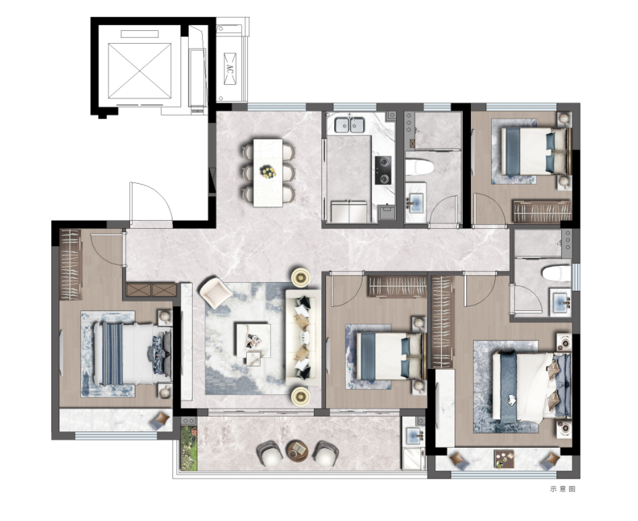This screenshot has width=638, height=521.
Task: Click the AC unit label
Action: point(230,69)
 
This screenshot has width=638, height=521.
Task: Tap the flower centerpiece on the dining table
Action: point(268,172)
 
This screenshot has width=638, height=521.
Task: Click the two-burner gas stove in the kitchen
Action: point(383,170)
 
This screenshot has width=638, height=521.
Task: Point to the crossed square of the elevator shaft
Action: point(139,71)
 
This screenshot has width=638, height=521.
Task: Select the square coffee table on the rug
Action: point(253,341)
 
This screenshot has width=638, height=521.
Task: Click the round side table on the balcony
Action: point(297,450)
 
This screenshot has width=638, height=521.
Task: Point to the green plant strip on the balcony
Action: point(189,448)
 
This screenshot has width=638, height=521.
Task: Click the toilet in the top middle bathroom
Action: point(420,167)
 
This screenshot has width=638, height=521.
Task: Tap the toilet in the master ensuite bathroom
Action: point(556,273)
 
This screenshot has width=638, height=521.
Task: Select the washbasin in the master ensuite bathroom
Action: point(561,302)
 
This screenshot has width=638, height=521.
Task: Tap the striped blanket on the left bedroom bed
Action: point(113,353)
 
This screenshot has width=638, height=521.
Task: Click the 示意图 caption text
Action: point(563,489)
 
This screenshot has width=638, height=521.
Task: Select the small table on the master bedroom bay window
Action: point(504,459)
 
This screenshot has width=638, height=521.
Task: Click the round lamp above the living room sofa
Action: point(300,277)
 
